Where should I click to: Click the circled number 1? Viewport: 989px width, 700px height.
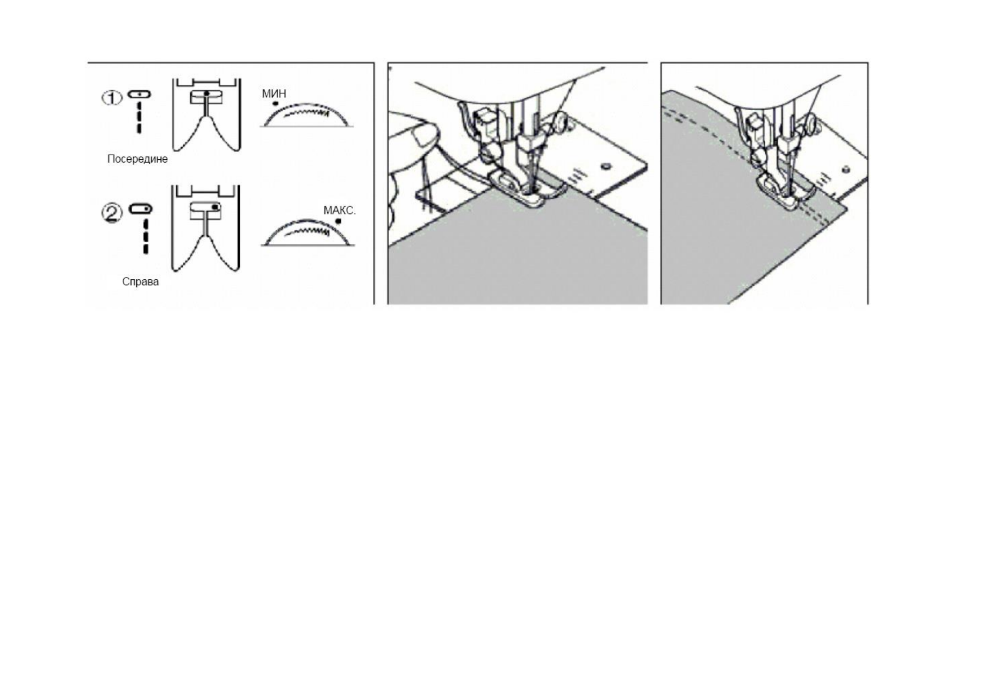click(112, 98)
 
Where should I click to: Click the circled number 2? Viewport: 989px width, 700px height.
click(113, 213)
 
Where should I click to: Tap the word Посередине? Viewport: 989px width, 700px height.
click(137, 159)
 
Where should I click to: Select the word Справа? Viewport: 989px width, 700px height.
click(140, 282)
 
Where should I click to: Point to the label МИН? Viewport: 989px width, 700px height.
click(274, 93)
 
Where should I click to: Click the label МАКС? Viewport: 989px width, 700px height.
click(339, 210)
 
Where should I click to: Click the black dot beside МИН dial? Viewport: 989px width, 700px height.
click(275, 103)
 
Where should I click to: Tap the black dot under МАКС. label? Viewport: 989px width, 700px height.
click(338, 222)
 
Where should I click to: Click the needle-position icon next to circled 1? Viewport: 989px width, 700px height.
click(139, 94)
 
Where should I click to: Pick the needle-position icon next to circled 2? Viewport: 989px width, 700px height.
click(140, 209)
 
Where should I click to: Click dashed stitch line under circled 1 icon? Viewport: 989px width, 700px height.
click(139, 117)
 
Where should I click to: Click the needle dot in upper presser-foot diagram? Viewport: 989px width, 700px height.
click(206, 93)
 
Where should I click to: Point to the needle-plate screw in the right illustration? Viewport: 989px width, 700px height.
click(846, 170)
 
